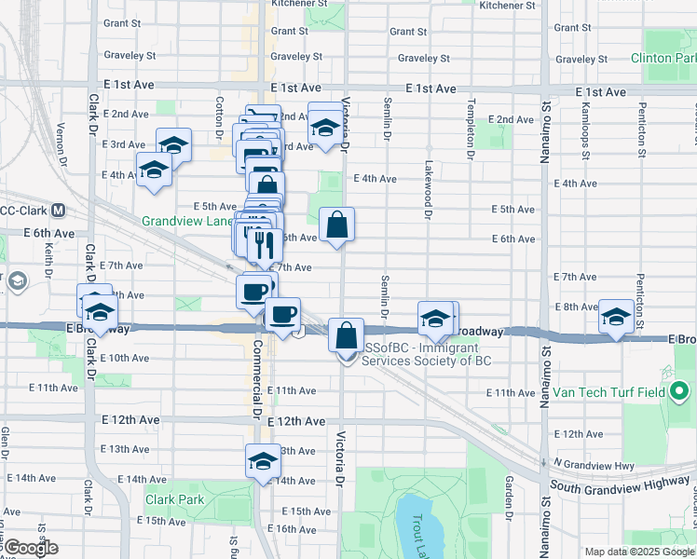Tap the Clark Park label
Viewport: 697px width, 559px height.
pos(174,499)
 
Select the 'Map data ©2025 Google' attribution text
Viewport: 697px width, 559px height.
pos(638,552)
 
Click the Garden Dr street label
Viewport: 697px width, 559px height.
pos(510,498)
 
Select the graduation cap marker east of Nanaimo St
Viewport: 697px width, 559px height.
pos(616,316)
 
